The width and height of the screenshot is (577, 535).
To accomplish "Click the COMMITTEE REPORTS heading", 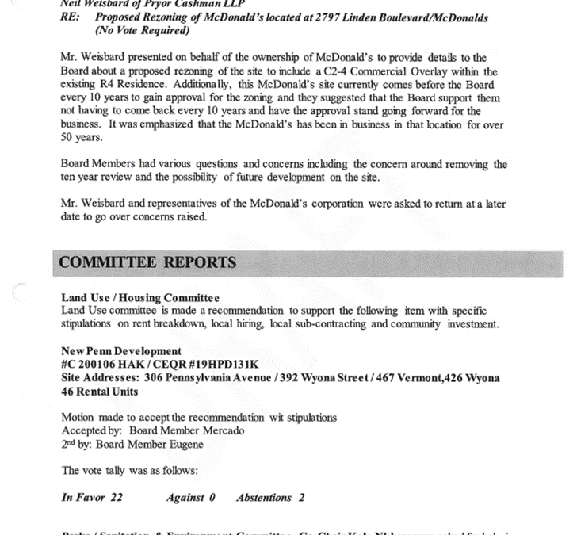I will [147, 262].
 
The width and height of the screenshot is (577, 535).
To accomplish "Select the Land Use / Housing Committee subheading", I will [140, 297].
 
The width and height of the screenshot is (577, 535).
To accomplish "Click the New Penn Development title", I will [121, 350].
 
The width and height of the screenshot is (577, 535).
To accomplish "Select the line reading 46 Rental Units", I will [99, 392].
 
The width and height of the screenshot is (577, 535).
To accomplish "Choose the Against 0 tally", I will [190, 498].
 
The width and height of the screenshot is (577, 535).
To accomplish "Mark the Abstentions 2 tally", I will [269, 498].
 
